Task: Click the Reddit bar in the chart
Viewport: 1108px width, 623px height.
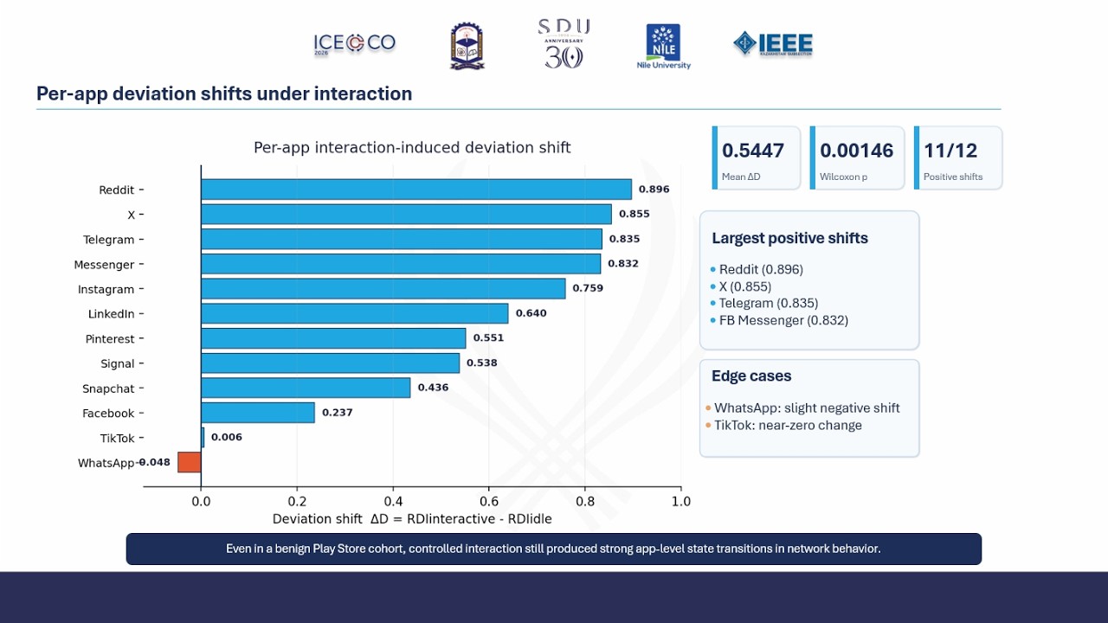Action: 415,189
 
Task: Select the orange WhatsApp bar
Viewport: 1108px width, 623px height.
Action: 190,462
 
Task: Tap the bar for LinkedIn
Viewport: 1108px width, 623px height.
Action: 355,313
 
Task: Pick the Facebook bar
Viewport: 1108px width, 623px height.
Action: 258,413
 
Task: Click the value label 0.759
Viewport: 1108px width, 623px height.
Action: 588,288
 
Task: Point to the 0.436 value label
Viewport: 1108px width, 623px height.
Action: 433,388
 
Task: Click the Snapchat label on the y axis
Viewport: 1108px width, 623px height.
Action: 108,389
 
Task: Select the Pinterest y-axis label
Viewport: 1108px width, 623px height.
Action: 110,339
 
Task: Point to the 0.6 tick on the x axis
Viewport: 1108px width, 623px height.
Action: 489,501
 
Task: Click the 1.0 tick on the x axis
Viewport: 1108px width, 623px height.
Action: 681,501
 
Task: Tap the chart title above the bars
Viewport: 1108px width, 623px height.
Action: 412,148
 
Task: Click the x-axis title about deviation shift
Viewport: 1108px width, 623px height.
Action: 412,519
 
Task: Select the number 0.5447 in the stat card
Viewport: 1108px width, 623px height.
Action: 753,151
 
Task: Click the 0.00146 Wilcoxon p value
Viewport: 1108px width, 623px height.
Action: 856,151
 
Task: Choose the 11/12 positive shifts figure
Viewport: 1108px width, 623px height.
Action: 950,151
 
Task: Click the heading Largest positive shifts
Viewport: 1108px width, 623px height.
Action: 789,239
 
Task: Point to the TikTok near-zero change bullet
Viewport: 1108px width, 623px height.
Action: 788,425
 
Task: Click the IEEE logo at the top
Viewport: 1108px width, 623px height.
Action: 773,44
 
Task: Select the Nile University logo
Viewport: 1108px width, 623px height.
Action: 663,46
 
